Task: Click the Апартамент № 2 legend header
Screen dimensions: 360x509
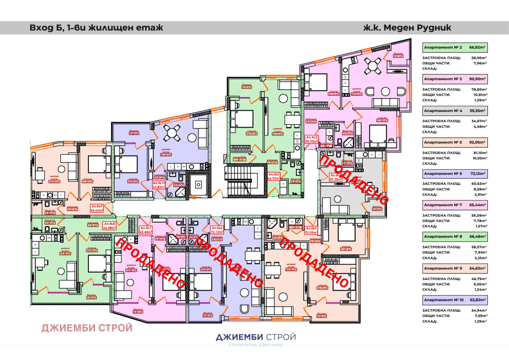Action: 455,47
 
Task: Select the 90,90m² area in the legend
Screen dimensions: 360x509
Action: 477,79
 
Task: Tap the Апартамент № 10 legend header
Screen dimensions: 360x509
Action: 455,300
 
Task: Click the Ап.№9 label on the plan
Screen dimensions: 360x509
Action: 97,208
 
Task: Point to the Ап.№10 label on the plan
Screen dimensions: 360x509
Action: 159,185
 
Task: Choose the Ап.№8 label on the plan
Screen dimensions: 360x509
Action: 109,226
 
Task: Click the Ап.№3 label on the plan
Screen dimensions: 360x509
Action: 311,139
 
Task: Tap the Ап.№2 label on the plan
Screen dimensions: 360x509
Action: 274,176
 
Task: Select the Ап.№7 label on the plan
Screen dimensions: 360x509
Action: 146,230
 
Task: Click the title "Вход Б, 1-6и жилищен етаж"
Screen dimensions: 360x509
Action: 96,28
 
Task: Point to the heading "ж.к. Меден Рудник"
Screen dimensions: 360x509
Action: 407,28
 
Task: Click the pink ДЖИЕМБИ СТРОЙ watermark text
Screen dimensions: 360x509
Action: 87,328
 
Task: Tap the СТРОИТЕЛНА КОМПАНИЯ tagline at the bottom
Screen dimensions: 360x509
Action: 256,345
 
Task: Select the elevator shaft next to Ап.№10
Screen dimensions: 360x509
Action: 198,185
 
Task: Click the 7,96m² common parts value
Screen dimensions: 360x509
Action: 480,63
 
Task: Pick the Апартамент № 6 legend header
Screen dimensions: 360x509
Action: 455,174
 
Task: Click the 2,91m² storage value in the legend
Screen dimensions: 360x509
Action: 480,194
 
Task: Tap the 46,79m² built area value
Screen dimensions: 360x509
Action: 479,279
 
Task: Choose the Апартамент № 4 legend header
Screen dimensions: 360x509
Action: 455,111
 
